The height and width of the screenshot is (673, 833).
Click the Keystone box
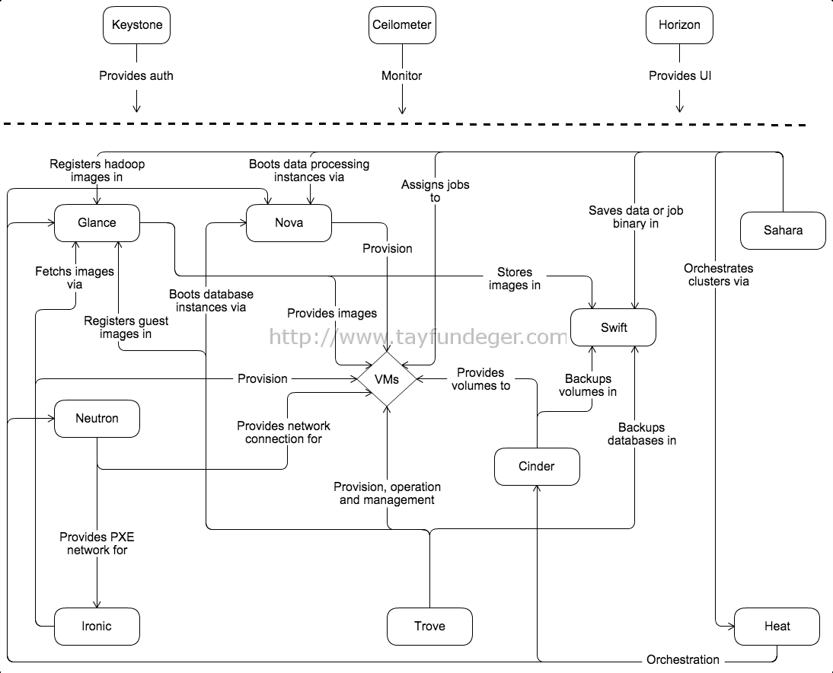tap(136, 25)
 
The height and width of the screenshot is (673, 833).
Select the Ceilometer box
tap(402, 25)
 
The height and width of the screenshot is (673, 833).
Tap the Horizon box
tap(679, 25)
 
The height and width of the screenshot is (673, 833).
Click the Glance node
tap(97, 223)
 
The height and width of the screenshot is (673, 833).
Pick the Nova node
tap(289, 223)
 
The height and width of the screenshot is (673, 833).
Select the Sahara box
tap(783, 231)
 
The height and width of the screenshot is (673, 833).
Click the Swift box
tap(614, 327)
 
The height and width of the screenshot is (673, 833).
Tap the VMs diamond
tap(387, 379)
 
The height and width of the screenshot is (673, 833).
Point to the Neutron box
tap(97, 419)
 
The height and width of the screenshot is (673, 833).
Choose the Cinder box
tap(537, 467)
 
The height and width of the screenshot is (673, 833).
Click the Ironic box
tap(97, 627)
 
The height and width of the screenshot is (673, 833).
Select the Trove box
tap(429, 627)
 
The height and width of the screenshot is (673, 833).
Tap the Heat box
tap(777, 627)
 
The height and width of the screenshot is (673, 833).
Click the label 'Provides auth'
tap(136, 76)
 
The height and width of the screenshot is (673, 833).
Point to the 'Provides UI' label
tap(680, 76)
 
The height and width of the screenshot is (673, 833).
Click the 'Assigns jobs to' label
tap(436, 191)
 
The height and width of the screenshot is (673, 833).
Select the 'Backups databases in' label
tap(642, 434)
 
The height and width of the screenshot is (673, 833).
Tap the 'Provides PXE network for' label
tap(97, 544)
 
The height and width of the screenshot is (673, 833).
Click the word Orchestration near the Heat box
tap(683, 660)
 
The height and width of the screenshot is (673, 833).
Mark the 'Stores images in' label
tap(515, 279)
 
